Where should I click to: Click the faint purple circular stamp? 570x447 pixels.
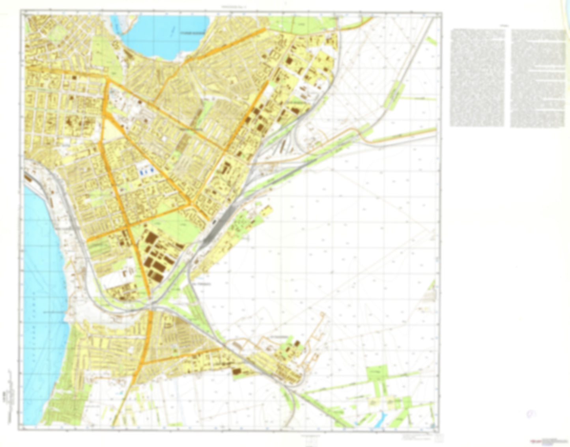(x=532, y=414)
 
